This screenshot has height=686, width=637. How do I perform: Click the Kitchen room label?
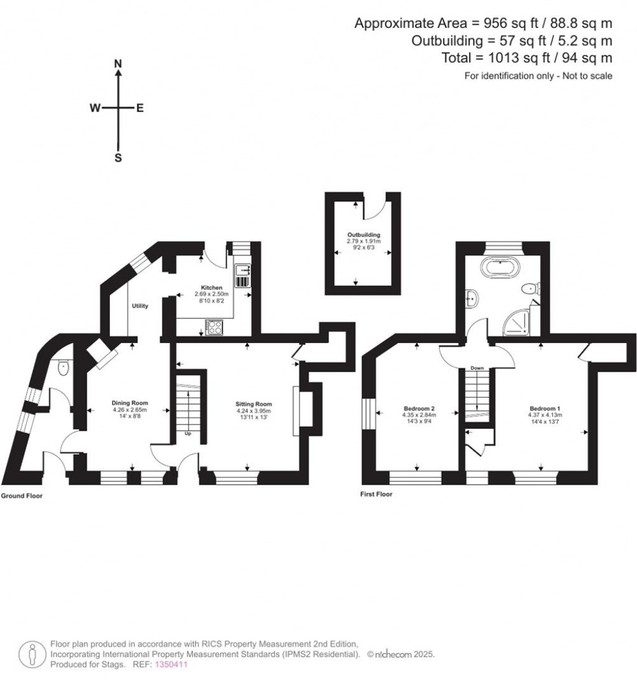click(212, 288)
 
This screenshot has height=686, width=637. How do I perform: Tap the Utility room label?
click(140, 306)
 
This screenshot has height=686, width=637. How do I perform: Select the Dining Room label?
click(129, 403)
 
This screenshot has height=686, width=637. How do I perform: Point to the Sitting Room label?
click(254, 404)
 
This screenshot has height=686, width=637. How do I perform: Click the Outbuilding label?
click(364, 235)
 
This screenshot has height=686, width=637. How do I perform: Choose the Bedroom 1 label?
click(545, 409)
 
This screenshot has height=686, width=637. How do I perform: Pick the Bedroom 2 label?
click(419, 409)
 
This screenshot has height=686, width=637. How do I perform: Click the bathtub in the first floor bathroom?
click(500, 267)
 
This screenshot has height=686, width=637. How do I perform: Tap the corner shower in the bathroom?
click(516, 322)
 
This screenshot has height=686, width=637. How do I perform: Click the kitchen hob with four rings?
click(214, 327)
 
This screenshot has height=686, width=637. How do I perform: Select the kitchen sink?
click(243, 270)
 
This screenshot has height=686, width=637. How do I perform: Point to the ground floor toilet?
click(63, 368)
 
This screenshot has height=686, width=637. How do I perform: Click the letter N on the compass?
click(118, 64)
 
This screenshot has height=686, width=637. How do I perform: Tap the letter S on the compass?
click(118, 158)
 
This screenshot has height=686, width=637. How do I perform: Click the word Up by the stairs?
click(188, 434)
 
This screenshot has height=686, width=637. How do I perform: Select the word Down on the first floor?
click(477, 368)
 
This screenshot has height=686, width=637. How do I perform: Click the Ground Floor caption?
click(22, 496)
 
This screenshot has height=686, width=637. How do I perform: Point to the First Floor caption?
click(376, 494)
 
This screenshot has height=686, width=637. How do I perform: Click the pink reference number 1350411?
click(171, 664)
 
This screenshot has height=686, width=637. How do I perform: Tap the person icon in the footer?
click(32, 654)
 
